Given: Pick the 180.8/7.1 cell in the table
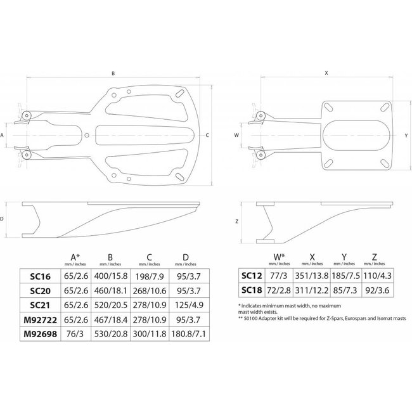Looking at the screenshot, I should click(188, 333).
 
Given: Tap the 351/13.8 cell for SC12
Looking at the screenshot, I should click(312, 276).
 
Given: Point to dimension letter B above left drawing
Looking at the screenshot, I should click(113, 74).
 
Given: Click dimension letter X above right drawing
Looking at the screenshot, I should click(326, 74).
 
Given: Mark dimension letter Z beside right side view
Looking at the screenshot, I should click(236, 221).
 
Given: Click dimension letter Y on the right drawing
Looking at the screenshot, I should click(406, 136).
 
